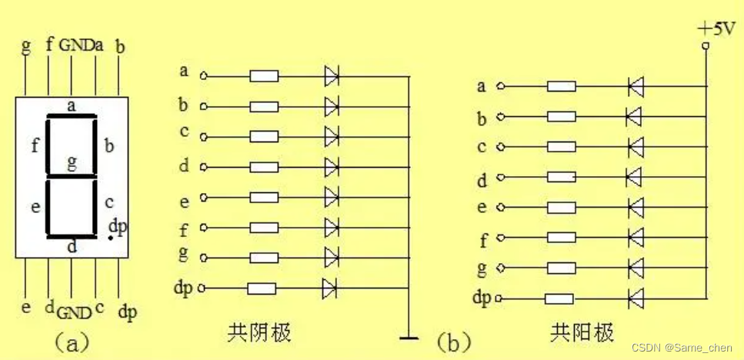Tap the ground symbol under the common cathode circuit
(x=409, y=337)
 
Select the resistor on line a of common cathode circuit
(x=264, y=76)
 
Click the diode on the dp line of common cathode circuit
(x=330, y=288)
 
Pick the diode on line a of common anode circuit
(x=636, y=86)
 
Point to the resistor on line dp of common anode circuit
(x=559, y=298)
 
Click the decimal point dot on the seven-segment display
(x=110, y=238)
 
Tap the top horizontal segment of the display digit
(x=72, y=117)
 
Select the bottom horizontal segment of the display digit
(x=72, y=237)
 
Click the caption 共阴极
(x=260, y=333)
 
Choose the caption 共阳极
(x=582, y=333)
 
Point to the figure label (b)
(x=453, y=341)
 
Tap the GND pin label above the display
(x=75, y=45)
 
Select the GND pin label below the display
(x=74, y=312)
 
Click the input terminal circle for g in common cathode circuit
(x=203, y=258)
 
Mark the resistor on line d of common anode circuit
(x=560, y=177)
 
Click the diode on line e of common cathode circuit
(x=332, y=197)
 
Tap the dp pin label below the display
(x=127, y=312)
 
